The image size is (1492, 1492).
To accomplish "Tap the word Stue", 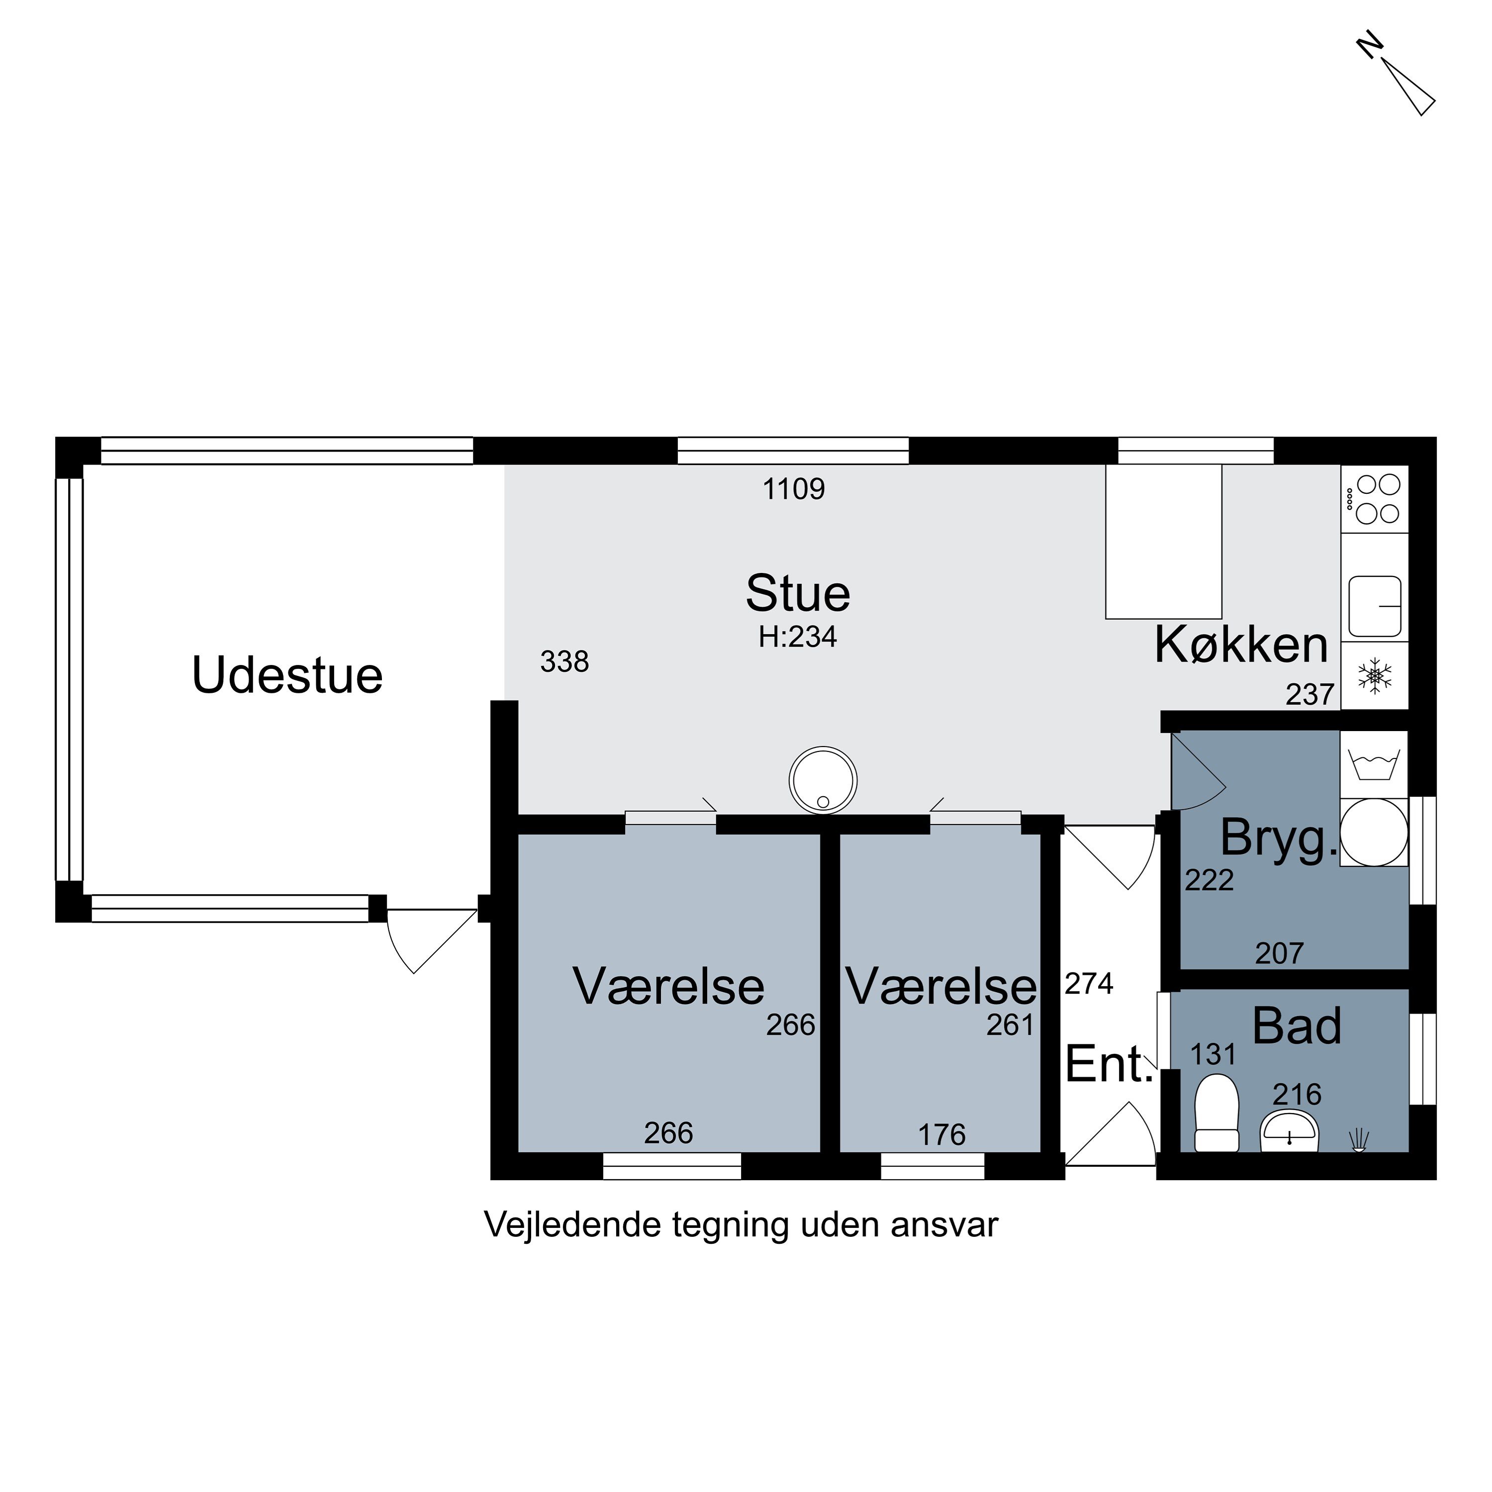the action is coord(798,594).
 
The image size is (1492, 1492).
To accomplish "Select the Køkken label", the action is coord(1241,645).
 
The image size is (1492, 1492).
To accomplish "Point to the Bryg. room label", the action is coord(1278,839).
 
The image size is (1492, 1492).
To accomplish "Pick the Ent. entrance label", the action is coord(1109,1064).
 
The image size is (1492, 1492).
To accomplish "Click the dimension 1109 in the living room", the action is coord(794,489).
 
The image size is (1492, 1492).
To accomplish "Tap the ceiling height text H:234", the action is coord(798,637).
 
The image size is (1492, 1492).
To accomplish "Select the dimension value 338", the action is coord(564,662).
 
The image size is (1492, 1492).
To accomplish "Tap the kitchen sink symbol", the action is coord(1375,606).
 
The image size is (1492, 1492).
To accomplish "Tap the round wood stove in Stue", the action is coord(823,780).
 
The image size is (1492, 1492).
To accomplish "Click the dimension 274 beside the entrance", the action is coord(1089,984).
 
